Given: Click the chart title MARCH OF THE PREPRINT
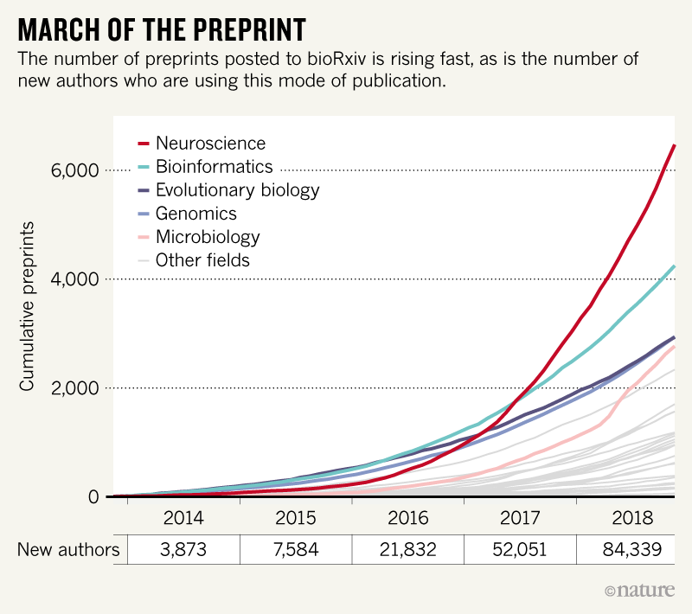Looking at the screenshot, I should coord(161,29).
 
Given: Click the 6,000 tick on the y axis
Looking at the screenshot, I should coord(78,170).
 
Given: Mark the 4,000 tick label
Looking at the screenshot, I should coord(78,279).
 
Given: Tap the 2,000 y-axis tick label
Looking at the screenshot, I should coord(78,388).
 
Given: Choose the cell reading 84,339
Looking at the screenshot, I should coord(632,550).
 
